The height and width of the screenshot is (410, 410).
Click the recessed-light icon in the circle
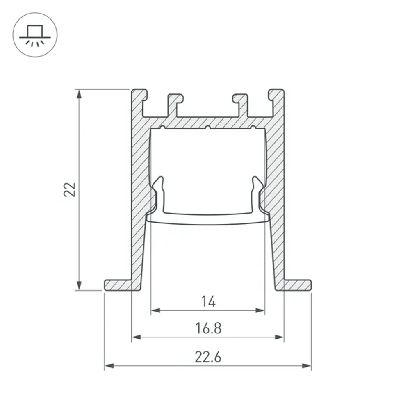point(35,35)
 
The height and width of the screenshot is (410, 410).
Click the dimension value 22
point(71,189)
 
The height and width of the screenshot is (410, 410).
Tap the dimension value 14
point(208,302)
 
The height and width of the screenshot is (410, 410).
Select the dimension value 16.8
point(208,328)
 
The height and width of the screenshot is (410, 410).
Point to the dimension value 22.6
point(208,357)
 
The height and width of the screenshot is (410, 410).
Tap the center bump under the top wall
point(208,128)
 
